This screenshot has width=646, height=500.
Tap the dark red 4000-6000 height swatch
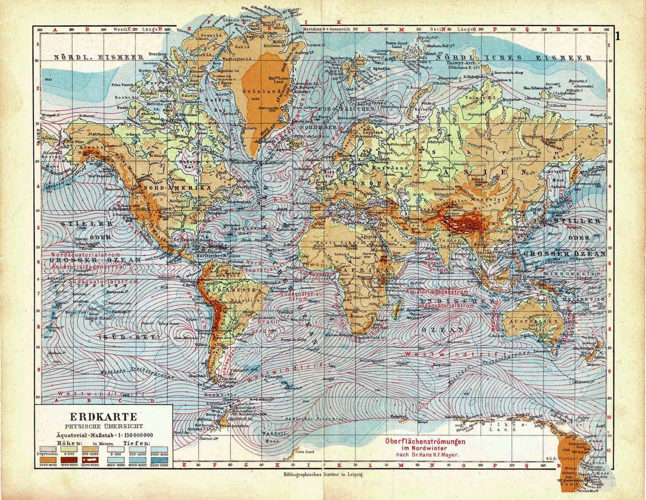pos(72,459)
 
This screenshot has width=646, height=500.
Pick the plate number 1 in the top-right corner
pos(618,36)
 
